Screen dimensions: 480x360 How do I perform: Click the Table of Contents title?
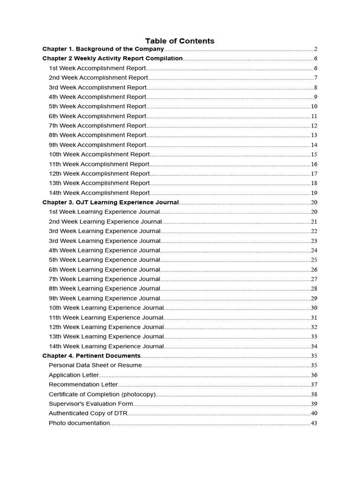[x=180, y=41]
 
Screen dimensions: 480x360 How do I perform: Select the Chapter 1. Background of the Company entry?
[x=103, y=49]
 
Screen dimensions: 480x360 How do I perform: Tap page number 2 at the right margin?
[x=316, y=49]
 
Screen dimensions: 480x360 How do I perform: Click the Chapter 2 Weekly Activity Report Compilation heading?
[x=112, y=59]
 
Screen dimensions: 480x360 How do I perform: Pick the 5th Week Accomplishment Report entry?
[x=97, y=106]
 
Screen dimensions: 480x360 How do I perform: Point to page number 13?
[x=314, y=135]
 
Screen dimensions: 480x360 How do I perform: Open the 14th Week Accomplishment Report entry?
[x=99, y=193]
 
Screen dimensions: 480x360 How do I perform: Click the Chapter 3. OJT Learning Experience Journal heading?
[x=110, y=202]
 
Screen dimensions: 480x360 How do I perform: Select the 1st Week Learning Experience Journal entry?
[x=105, y=212]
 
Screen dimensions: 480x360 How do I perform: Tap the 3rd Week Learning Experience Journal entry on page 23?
[x=105, y=241]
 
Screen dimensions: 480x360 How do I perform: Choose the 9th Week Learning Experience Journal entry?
[x=105, y=298]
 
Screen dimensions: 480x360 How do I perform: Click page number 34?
[x=314, y=346]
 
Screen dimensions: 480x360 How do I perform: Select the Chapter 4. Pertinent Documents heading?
[x=91, y=356]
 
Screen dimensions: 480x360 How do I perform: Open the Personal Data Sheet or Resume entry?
[x=95, y=365]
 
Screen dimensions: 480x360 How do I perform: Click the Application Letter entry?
[x=74, y=375]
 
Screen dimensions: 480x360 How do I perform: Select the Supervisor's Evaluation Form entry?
[x=91, y=404]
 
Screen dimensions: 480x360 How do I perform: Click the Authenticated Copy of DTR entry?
[x=88, y=413]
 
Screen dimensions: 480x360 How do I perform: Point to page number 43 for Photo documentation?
[x=314, y=423]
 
